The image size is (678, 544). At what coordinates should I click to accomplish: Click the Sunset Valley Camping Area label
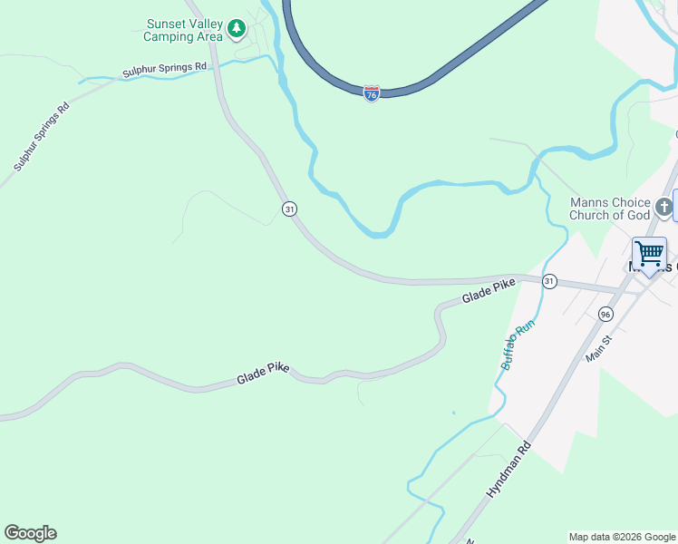183,31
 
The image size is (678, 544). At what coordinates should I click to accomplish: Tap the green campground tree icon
237,29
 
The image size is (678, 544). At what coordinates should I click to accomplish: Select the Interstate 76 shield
371,93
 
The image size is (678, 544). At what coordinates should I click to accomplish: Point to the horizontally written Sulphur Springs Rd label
165,69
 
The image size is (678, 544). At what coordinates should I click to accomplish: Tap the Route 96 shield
605,313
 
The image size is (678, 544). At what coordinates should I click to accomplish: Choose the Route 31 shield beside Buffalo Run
549,281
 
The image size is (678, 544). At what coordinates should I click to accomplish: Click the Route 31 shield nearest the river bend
288,209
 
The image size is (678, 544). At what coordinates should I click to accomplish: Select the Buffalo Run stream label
513,346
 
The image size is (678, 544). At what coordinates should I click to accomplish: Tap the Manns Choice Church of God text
609,209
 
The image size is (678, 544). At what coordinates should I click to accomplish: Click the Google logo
30,533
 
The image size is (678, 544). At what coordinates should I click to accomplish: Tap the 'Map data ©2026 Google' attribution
622,537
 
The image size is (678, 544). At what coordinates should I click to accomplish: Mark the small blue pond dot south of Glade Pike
453,413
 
